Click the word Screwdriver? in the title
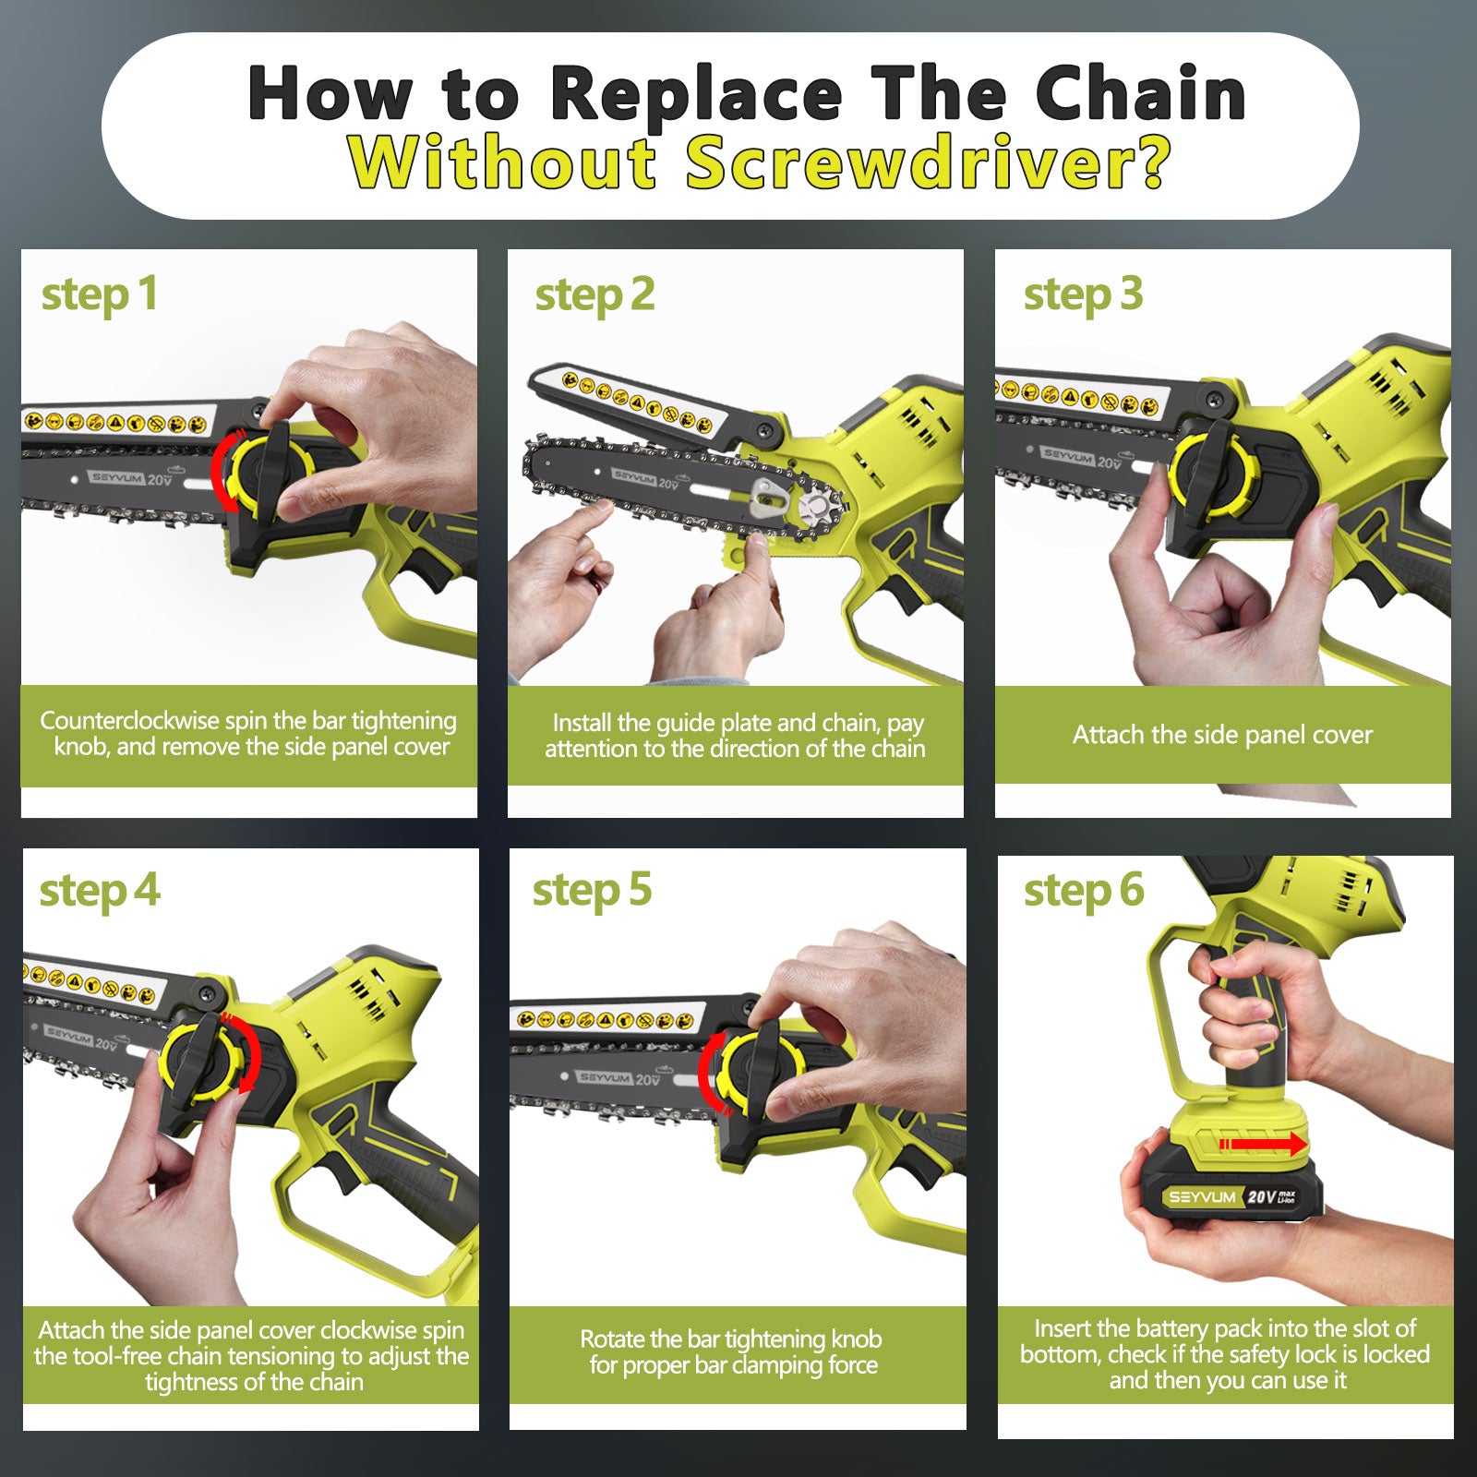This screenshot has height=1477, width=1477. tap(928, 162)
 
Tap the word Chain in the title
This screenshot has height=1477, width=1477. tap(1141, 93)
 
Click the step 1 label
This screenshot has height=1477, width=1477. tap(99, 295)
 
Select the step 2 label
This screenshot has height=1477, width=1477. tap(594, 295)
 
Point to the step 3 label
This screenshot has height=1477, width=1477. tap(1083, 295)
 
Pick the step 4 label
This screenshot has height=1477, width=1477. tap(99, 892)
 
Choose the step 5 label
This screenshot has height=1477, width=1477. tap(592, 891)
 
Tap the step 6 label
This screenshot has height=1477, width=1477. tap(1084, 891)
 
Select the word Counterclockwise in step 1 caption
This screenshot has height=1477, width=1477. tap(129, 720)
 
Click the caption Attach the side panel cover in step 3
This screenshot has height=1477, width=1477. tap(1222, 735)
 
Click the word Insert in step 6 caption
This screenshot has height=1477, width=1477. tap(1063, 1328)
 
